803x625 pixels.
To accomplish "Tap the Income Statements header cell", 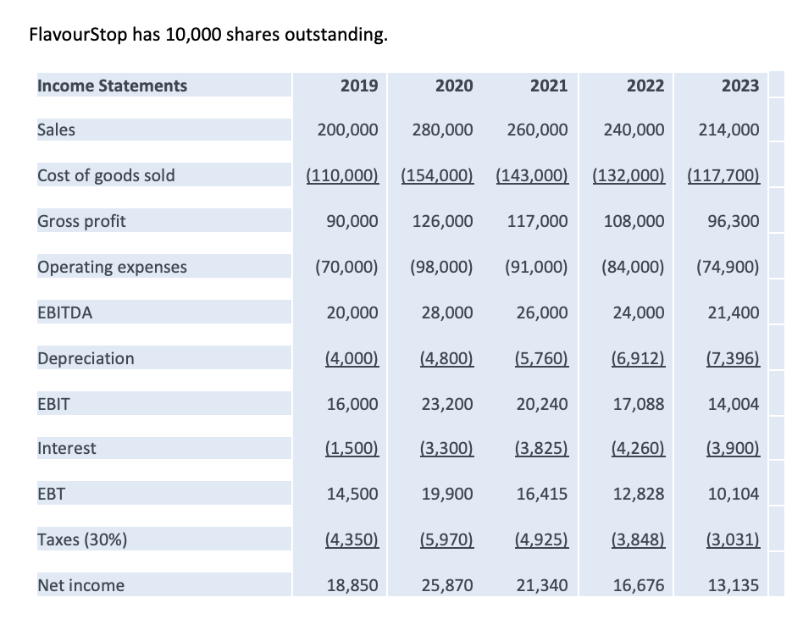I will tap(112, 85).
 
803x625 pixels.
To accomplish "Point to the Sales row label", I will tap(56, 130).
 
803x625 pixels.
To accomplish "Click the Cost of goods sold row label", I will tap(106, 175).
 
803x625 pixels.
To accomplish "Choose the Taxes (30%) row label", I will tap(82, 539).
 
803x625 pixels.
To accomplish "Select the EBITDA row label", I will tap(65, 312).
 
